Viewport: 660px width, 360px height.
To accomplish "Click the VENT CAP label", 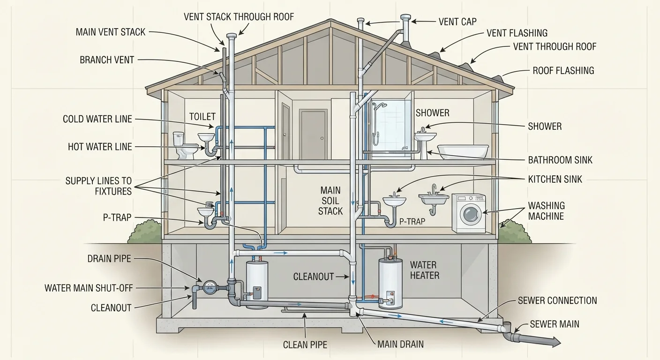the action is click(x=457, y=22).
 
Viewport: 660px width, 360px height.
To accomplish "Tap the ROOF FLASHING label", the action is click(x=563, y=71).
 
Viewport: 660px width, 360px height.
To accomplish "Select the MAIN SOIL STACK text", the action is click(x=330, y=201).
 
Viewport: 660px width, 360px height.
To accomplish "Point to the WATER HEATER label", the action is click(x=425, y=270).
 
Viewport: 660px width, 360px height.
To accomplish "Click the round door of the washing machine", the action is click(x=471, y=214).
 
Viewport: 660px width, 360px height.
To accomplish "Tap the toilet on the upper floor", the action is click(x=186, y=145).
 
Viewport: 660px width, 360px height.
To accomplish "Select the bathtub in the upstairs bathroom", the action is click(x=463, y=152).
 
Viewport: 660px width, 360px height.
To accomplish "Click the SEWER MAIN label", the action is click(x=555, y=324).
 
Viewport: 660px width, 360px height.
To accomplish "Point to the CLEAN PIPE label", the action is click(x=305, y=345).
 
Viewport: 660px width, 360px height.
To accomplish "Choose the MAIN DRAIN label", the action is click(x=400, y=344).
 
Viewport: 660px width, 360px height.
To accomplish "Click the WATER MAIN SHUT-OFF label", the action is click(x=89, y=288).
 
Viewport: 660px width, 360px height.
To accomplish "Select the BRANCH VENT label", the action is click(x=107, y=60).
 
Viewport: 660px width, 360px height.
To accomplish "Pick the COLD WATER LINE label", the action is click(x=97, y=119).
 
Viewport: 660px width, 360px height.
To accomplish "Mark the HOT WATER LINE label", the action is click(x=100, y=147).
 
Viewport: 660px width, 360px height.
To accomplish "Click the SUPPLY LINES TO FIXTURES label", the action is click(x=98, y=186).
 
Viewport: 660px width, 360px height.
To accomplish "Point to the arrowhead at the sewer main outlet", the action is click(x=556, y=342).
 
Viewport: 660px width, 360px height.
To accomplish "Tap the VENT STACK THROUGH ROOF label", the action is click(x=239, y=17).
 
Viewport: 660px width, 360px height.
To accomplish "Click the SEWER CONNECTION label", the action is click(x=557, y=300).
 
